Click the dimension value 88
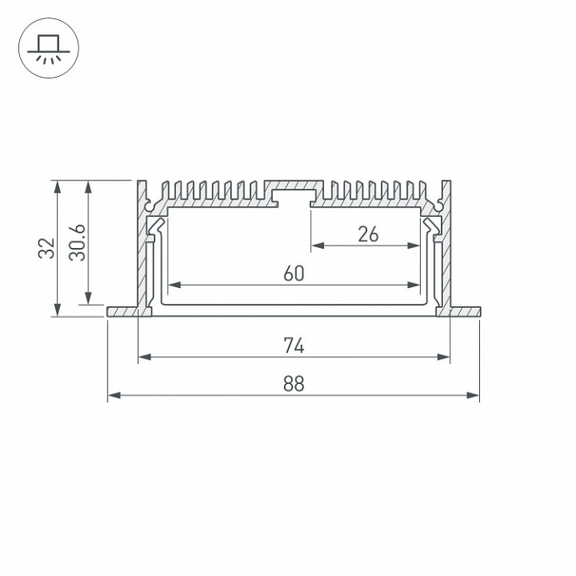[x=293, y=384]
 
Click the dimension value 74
[x=293, y=345]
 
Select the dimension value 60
[x=293, y=273]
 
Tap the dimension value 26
[x=367, y=234]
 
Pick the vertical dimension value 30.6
[x=78, y=243]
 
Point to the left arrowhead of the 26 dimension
[x=317, y=245]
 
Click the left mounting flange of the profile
[x=123, y=312]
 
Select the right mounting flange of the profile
[x=465, y=312]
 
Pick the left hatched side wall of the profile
[x=142, y=250]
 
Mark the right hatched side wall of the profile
[x=446, y=250]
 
